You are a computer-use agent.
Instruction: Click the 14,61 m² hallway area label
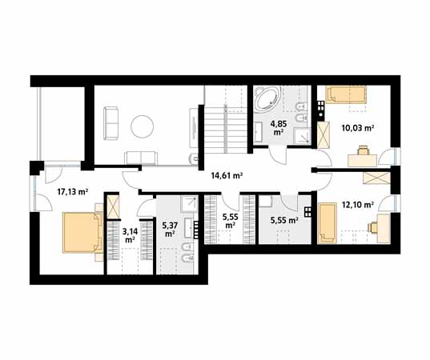(227, 176)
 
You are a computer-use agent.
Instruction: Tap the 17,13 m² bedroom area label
(72, 191)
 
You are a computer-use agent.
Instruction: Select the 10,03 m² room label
(358, 128)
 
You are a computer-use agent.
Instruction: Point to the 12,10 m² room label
(358, 204)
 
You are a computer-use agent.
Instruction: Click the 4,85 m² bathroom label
(279, 128)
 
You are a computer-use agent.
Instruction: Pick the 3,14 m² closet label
(130, 236)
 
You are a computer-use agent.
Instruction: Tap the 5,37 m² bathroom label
(170, 230)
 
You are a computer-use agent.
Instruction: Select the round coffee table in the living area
(142, 126)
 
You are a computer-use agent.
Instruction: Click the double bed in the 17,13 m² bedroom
(82, 232)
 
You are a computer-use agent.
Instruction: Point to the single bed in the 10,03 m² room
(346, 94)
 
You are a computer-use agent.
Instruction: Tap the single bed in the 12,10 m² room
(327, 223)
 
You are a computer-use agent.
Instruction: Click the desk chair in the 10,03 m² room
(363, 150)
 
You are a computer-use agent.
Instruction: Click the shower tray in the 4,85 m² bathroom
(303, 136)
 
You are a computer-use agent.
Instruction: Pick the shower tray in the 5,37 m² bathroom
(190, 204)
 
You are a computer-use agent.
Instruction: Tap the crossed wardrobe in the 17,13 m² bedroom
(113, 207)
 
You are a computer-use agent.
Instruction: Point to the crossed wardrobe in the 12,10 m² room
(376, 178)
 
